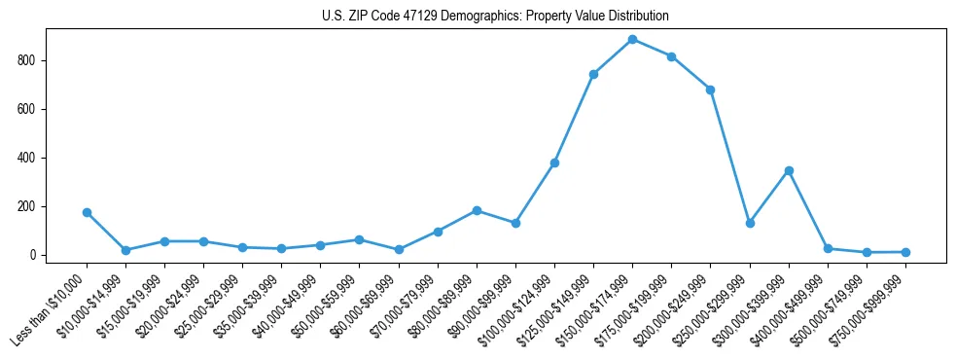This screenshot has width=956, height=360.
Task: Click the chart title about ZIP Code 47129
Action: point(495,17)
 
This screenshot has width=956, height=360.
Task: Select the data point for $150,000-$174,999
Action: point(632,40)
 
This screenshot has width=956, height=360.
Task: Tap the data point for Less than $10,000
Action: point(87,212)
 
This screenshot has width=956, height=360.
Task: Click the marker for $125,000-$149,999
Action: point(593,74)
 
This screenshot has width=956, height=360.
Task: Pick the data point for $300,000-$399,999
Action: point(789,170)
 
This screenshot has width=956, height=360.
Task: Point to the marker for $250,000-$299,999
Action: point(750,223)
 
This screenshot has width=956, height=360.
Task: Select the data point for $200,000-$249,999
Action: point(710,90)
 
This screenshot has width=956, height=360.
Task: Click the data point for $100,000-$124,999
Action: point(554,162)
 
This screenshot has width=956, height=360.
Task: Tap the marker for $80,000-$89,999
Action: point(477,210)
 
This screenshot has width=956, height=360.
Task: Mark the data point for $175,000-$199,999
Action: point(671,56)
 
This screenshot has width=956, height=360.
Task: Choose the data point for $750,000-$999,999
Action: point(905,252)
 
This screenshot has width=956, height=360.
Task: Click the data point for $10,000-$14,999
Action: point(125,250)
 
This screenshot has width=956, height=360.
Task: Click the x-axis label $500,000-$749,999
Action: point(832,306)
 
